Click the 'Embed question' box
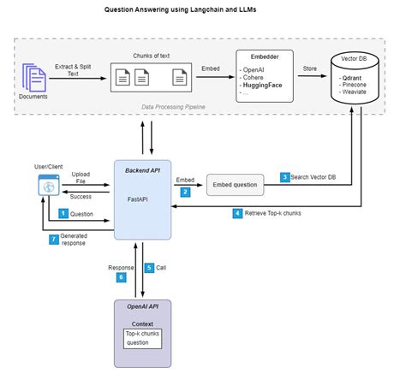coord(234,185)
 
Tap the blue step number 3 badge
coord(285,176)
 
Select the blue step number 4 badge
coord(237,212)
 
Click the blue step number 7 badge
coord(53,240)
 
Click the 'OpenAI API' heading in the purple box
coord(142,306)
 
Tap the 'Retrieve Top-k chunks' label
coord(278,213)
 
